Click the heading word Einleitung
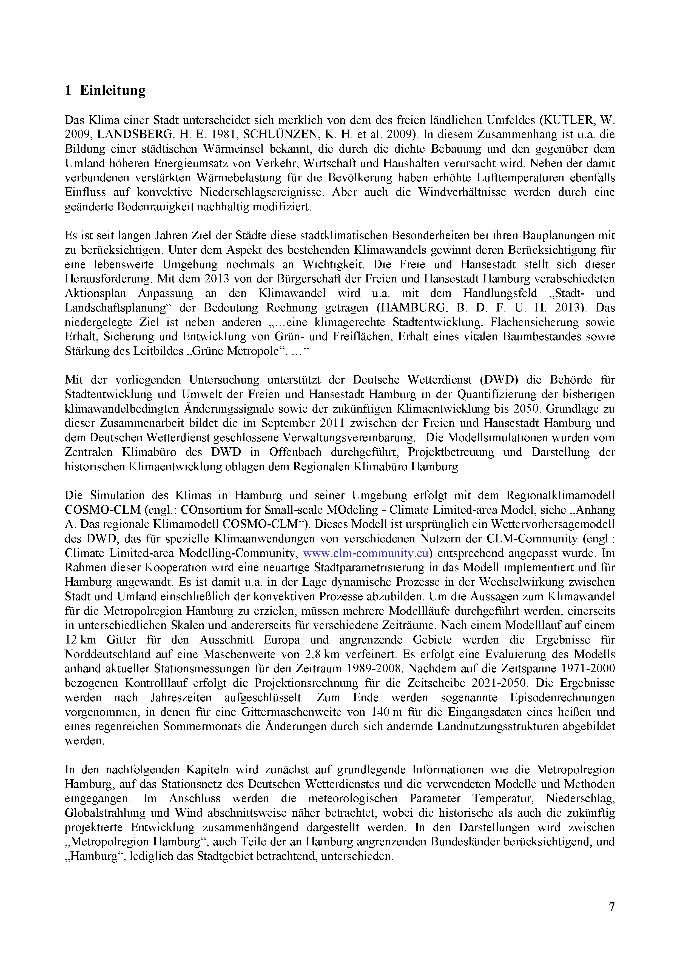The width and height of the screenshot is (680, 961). [x=113, y=90]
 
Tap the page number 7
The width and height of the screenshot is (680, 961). [x=612, y=906]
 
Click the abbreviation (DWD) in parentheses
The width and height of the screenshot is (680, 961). [x=499, y=380]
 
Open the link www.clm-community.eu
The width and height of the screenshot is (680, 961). [x=366, y=553]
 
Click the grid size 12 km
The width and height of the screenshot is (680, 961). [x=80, y=640]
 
